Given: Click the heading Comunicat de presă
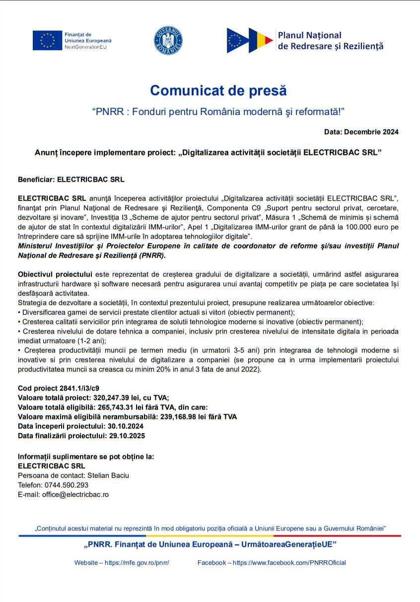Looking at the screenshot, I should [x=218, y=91].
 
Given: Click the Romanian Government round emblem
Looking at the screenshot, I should [x=168, y=40].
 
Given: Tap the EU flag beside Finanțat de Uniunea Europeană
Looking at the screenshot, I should [x=47, y=41].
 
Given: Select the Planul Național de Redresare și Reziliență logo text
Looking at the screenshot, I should [x=330, y=41].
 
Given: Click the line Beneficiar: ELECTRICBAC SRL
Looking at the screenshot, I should [x=71, y=179].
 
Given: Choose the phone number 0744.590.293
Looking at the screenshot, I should [x=67, y=485].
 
